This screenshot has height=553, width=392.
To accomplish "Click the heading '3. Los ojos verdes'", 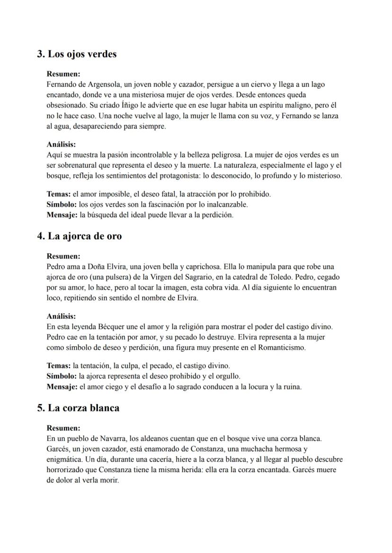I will pos(77,54).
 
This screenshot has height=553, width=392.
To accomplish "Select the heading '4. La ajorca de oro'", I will pos(79,236).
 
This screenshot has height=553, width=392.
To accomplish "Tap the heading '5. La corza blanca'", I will pos(78,408).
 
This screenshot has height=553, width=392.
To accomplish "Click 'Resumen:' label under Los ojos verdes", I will pos(63,74).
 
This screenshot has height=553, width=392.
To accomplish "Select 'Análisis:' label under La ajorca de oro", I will pos(61,316).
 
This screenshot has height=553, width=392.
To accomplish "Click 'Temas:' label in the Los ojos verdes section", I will pos(58,194).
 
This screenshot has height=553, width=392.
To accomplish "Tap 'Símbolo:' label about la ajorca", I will pos(62,376).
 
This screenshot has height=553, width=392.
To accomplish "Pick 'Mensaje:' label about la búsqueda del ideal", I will pos(62,215).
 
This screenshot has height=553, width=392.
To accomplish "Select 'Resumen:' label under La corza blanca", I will pos(63,428).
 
